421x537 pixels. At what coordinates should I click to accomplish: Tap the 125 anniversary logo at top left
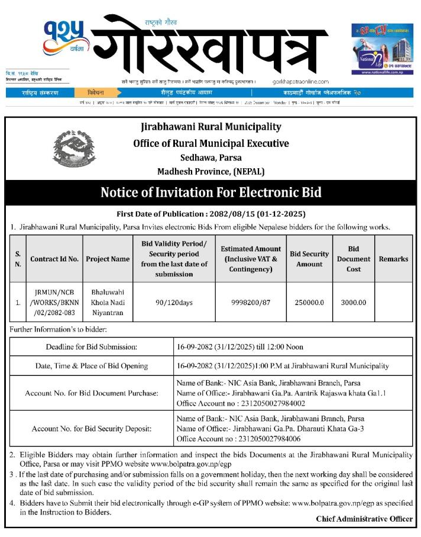pyautogui.click(x=64, y=38)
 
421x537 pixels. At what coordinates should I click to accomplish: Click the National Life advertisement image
pyautogui.click(x=381, y=49)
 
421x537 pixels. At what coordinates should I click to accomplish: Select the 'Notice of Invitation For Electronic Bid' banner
pyautogui.click(x=210, y=193)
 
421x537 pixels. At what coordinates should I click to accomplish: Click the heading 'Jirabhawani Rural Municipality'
pyautogui.click(x=210, y=127)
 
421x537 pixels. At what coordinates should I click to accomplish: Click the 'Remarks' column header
pyautogui.click(x=393, y=258)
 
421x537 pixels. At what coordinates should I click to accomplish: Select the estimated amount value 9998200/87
pyautogui.click(x=250, y=302)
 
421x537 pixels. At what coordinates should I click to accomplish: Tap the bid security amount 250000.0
pyautogui.click(x=309, y=302)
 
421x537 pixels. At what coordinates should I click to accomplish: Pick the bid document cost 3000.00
pyautogui.click(x=354, y=302)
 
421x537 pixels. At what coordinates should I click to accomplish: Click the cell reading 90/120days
pyautogui.click(x=174, y=302)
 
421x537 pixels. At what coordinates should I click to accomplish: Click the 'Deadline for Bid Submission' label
pyautogui.click(x=92, y=347)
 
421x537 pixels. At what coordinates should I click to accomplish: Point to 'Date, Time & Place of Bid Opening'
pyautogui.click(x=92, y=366)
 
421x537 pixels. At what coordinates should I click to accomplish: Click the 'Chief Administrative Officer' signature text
pyautogui.click(x=364, y=519)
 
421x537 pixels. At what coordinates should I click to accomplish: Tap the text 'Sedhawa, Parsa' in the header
pyautogui.click(x=210, y=158)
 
